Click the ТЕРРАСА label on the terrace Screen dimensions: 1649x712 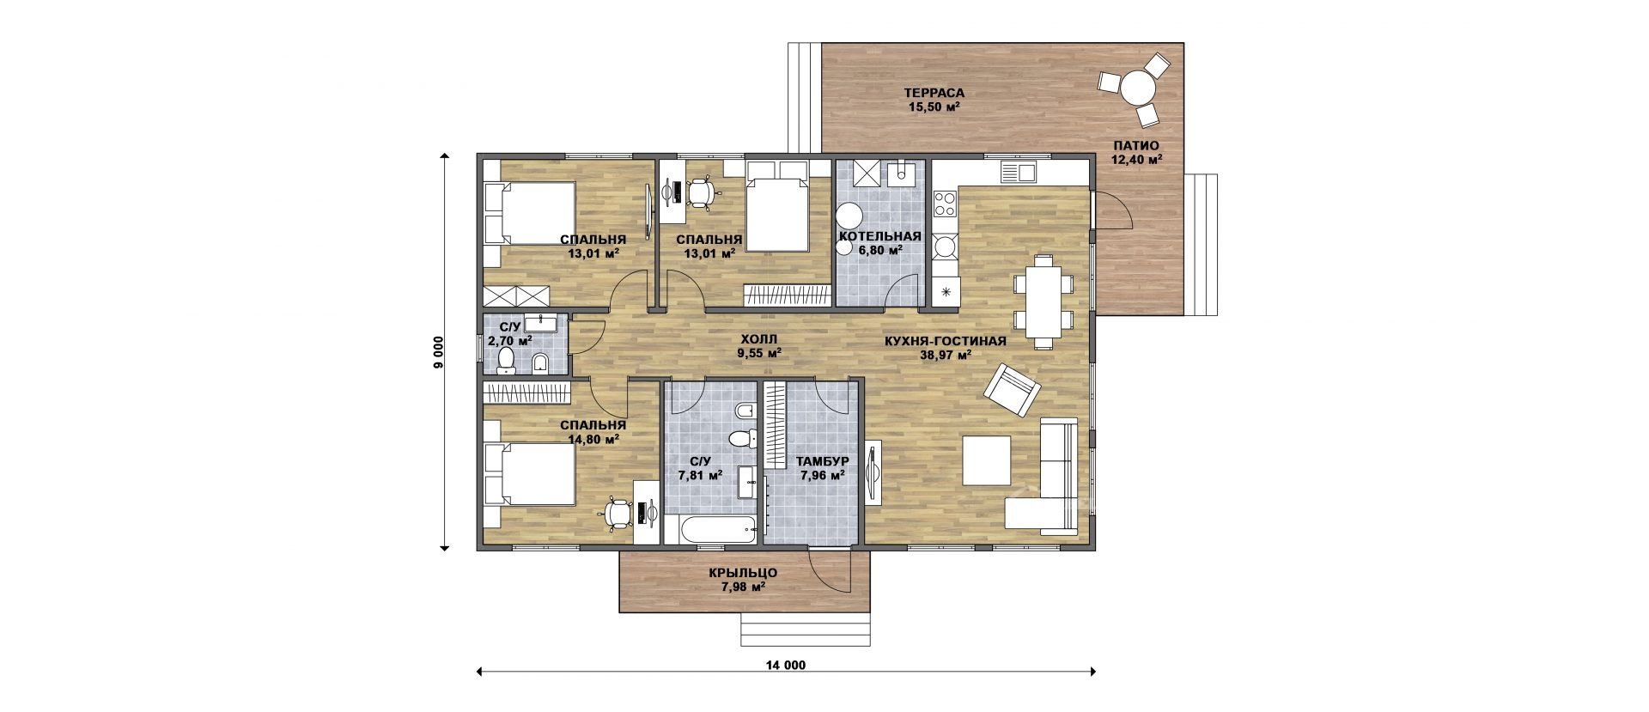click(934, 93)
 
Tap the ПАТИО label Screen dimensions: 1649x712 click(1134, 145)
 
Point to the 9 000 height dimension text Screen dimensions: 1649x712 click(437, 352)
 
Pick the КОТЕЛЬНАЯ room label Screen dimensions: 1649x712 click(880, 236)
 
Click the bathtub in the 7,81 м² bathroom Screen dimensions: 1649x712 click(712, 529)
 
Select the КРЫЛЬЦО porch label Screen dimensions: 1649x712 click(744, 573)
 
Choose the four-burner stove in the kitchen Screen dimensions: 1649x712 click(946, 204)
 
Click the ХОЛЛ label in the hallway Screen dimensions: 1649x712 click(758, 338)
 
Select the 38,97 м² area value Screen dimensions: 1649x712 click(946, 354)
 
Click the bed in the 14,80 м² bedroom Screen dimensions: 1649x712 click(529, 474)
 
